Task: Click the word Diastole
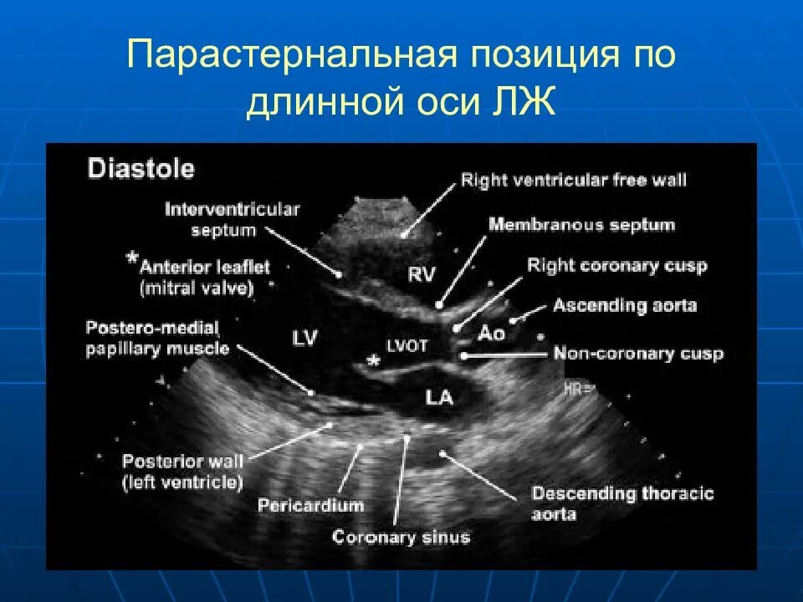click(x=141, y=170)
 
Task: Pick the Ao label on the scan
click(x=491, y=333)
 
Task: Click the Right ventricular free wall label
click(x=574, y=180)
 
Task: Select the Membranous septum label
click(x=581, y=224)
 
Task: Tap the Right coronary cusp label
click(x=616, y=266)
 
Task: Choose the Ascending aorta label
click(x=624, y=306)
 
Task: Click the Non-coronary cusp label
click(x=637, y=354)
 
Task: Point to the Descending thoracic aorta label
click(x=622, y=502)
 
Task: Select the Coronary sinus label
click(x=401, y=537)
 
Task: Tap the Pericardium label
click(x=310, y=505)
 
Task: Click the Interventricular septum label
click(x=232, y=217)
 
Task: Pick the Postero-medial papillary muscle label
click(x=157, y=337)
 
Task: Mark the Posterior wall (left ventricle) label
click(x=182, y=472)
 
